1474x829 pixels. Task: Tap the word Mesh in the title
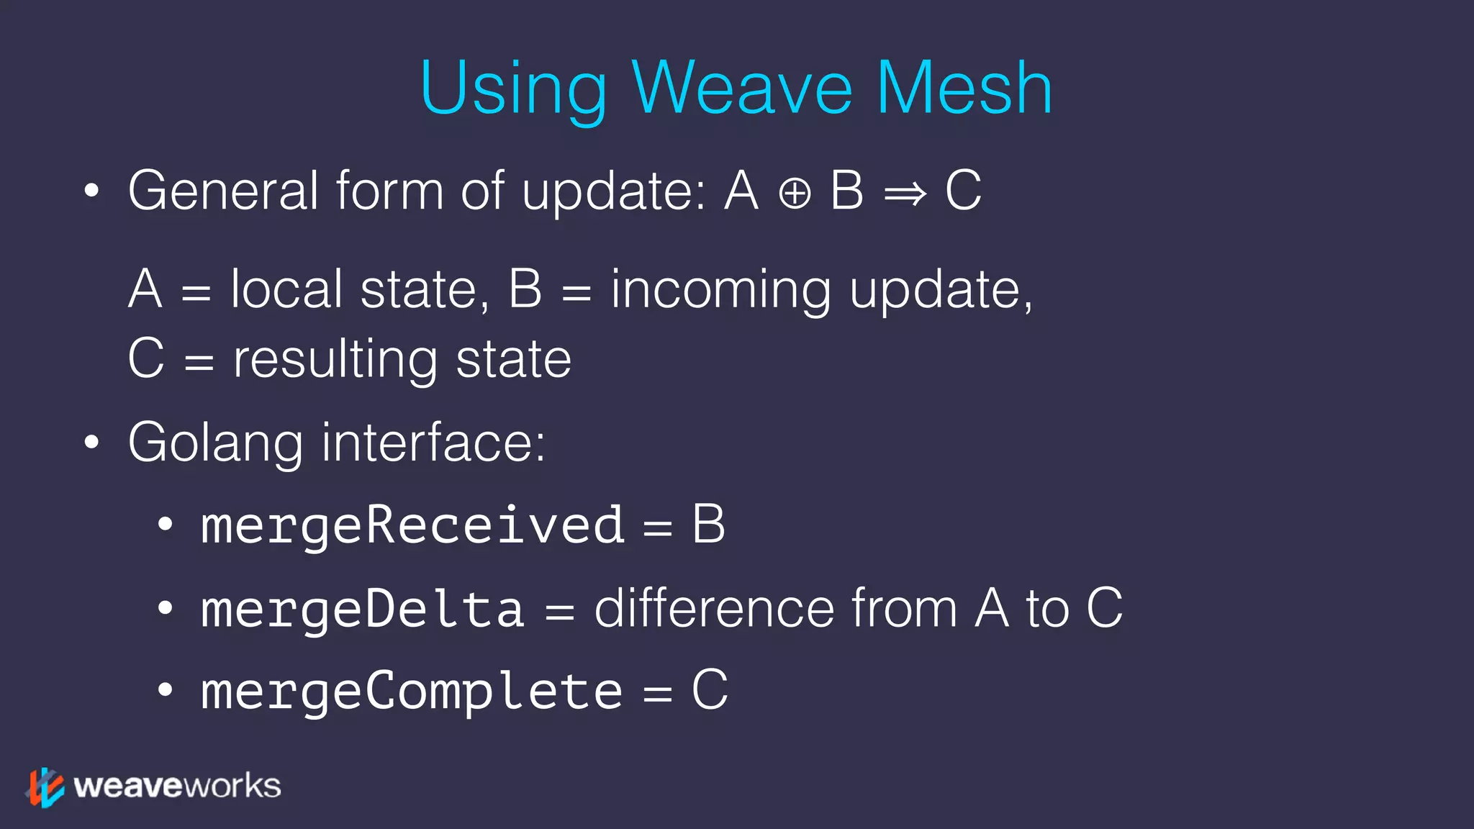point(964,88)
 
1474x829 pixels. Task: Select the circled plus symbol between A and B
point(795,194)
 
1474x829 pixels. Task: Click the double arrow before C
point(905,194)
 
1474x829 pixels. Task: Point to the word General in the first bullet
point(223,191)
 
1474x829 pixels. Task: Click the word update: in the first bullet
point(614,193)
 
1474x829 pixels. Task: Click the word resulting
point(335,360)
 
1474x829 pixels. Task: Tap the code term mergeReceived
point(412,525)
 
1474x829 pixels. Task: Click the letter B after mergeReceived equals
point(708,525)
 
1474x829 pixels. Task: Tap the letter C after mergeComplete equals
point(710,690)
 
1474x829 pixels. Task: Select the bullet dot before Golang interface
point(91,443)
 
